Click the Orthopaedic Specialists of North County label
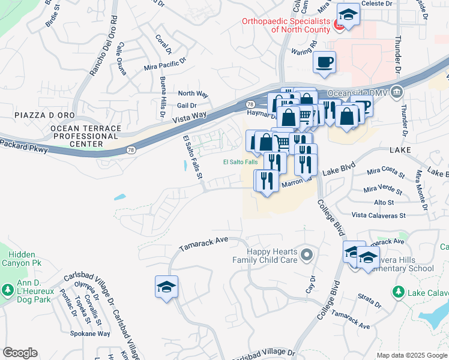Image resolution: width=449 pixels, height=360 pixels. (286, 25)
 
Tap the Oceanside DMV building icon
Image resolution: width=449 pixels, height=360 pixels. (396, 93)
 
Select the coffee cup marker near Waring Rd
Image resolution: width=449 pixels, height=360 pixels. (324, 62)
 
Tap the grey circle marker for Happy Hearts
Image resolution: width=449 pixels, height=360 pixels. (307, 256)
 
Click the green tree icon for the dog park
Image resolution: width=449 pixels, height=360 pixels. (8, 291)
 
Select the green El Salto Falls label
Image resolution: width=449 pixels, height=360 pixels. (240, 162)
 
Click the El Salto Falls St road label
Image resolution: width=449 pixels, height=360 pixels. (193, 160)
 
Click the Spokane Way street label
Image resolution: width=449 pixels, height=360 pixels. (90, 333)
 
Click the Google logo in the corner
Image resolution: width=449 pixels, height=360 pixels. (20, 353)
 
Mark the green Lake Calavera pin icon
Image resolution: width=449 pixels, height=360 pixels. (397, 292)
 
